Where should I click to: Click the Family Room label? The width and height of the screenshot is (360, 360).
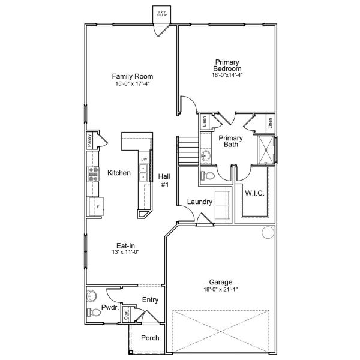133,76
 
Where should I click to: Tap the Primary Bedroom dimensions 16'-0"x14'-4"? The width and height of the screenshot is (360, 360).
227,75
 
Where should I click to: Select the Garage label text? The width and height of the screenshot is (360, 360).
221,282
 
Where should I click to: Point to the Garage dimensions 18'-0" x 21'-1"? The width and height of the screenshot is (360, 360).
221,290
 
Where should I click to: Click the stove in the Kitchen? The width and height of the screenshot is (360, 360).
94,173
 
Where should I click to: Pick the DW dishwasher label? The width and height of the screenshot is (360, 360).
143,159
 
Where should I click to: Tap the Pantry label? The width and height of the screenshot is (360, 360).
89,140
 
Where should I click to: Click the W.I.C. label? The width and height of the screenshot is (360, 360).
254,193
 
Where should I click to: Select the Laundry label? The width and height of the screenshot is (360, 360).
199,202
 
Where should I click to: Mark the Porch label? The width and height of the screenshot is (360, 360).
150,338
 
